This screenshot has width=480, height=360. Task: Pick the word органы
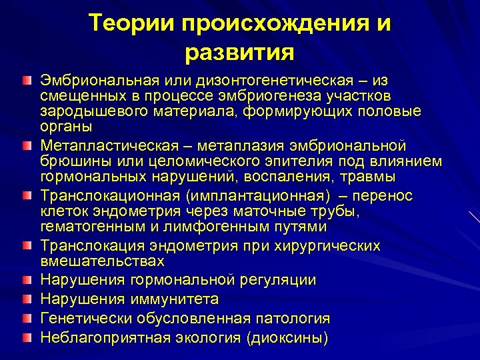[x=66, y=127]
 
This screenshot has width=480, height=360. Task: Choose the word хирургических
[x=326, y=245]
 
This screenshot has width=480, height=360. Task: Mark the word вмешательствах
[x=102, y=261]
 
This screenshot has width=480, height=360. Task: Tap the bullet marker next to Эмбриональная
[x=25, y=81]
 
